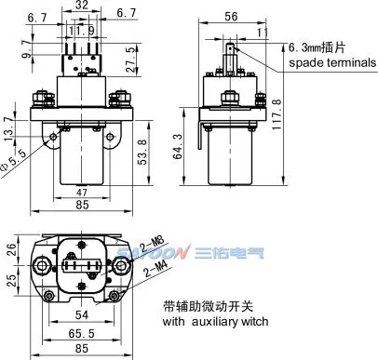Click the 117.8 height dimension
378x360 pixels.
[277, 114]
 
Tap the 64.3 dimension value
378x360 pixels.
[178, 146]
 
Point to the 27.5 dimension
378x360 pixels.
[131, 60]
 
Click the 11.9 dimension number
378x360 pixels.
[82, 31]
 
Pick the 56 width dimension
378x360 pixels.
[231, 17]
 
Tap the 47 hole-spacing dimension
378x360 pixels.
[82, 193]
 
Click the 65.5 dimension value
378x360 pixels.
[81, 334]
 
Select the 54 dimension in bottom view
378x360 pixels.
[82, 315]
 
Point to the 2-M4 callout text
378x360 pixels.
[156, 269]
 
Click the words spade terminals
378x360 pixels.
[332, 62]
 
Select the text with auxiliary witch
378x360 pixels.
[215, 321]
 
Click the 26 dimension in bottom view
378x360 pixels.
[11, 249]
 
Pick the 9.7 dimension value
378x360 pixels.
[27, 49]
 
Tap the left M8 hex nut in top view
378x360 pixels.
[41, 266]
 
